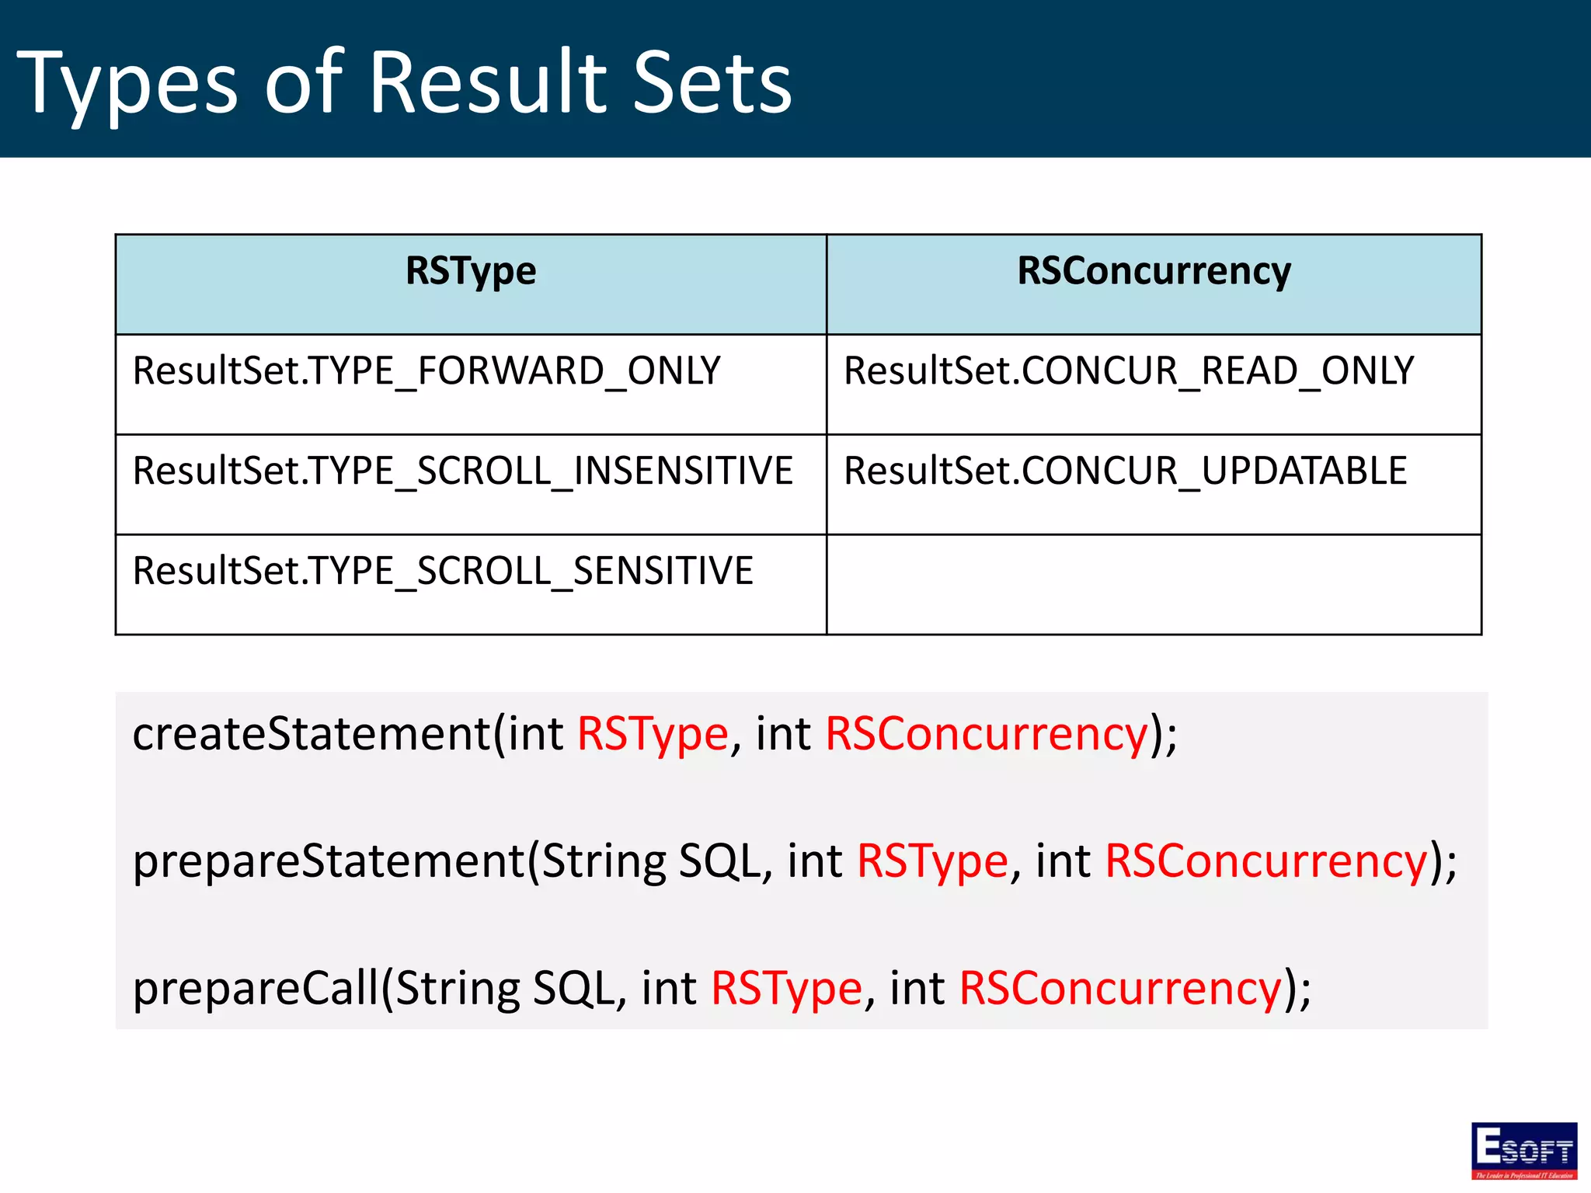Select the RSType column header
click(x=471, y=272)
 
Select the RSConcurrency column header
click(x=1154, y=272)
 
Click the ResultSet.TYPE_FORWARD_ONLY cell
click(x=426, y=371)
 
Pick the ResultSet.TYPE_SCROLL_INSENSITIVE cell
click(x=463, y=471)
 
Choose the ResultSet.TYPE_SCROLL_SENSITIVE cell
click(x=443, y=572)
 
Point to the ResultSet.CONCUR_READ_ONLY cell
click(x=1129, y=371)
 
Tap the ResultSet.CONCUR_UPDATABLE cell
click(x=1125, y=471)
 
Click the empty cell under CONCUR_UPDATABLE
click(x=1154, y=584)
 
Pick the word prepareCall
click(x=256, y=988)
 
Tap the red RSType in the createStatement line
click(x=653, y=735)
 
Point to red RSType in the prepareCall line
click(x=786, y=990)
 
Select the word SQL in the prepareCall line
click(x=573, y=988)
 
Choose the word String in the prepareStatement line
click(x=604, y=862)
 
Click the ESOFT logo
click(x=1523, y=1150)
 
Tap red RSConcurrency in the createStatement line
click(x=987, y=733)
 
